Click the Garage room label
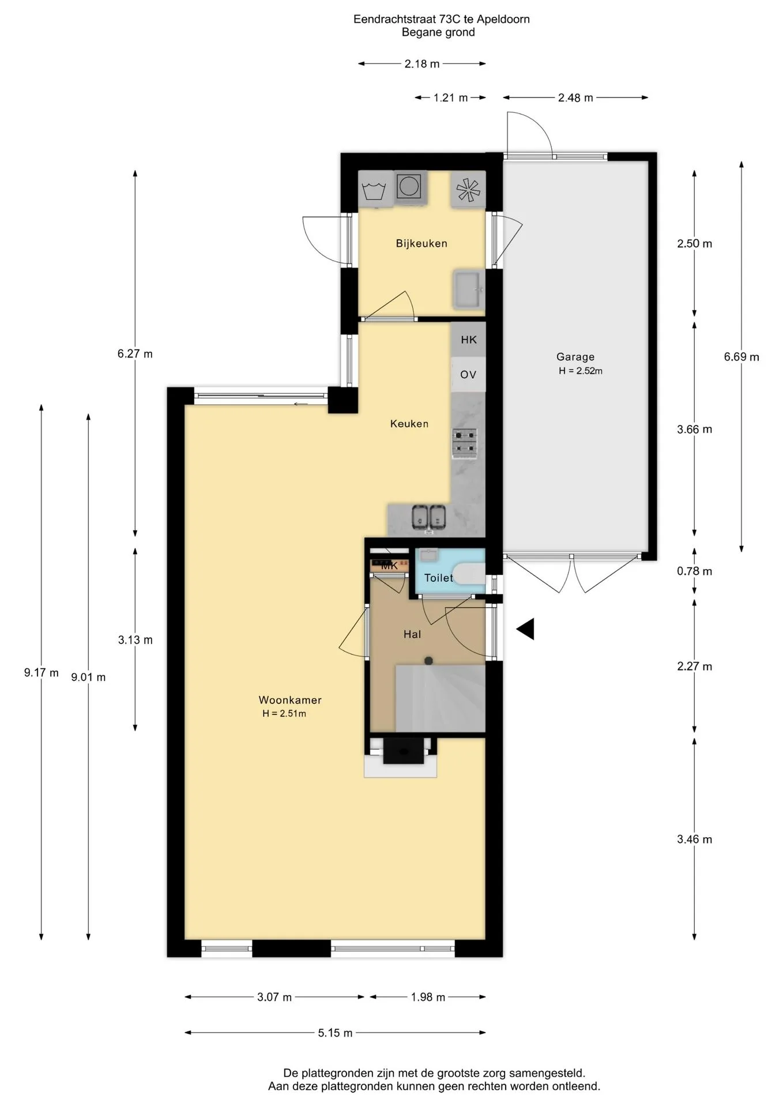coord(575,357)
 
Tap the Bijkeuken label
coord(421,243)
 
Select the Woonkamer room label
coord(290,700)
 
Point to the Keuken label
coord(409,424)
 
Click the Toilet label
coord(439,578)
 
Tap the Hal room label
coord(412,634)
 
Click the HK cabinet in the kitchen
coord(468,340)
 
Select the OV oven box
coord(468,375)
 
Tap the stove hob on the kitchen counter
coord(465,443)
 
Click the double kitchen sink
coord(430,517)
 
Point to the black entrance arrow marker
coord(525,629)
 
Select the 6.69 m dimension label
coord(741,357)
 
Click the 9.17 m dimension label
coord(42,672)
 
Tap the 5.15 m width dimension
coord(335,1033)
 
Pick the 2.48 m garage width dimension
coord(575,98)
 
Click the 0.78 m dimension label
coord(695,571)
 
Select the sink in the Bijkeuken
coord(469,289)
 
